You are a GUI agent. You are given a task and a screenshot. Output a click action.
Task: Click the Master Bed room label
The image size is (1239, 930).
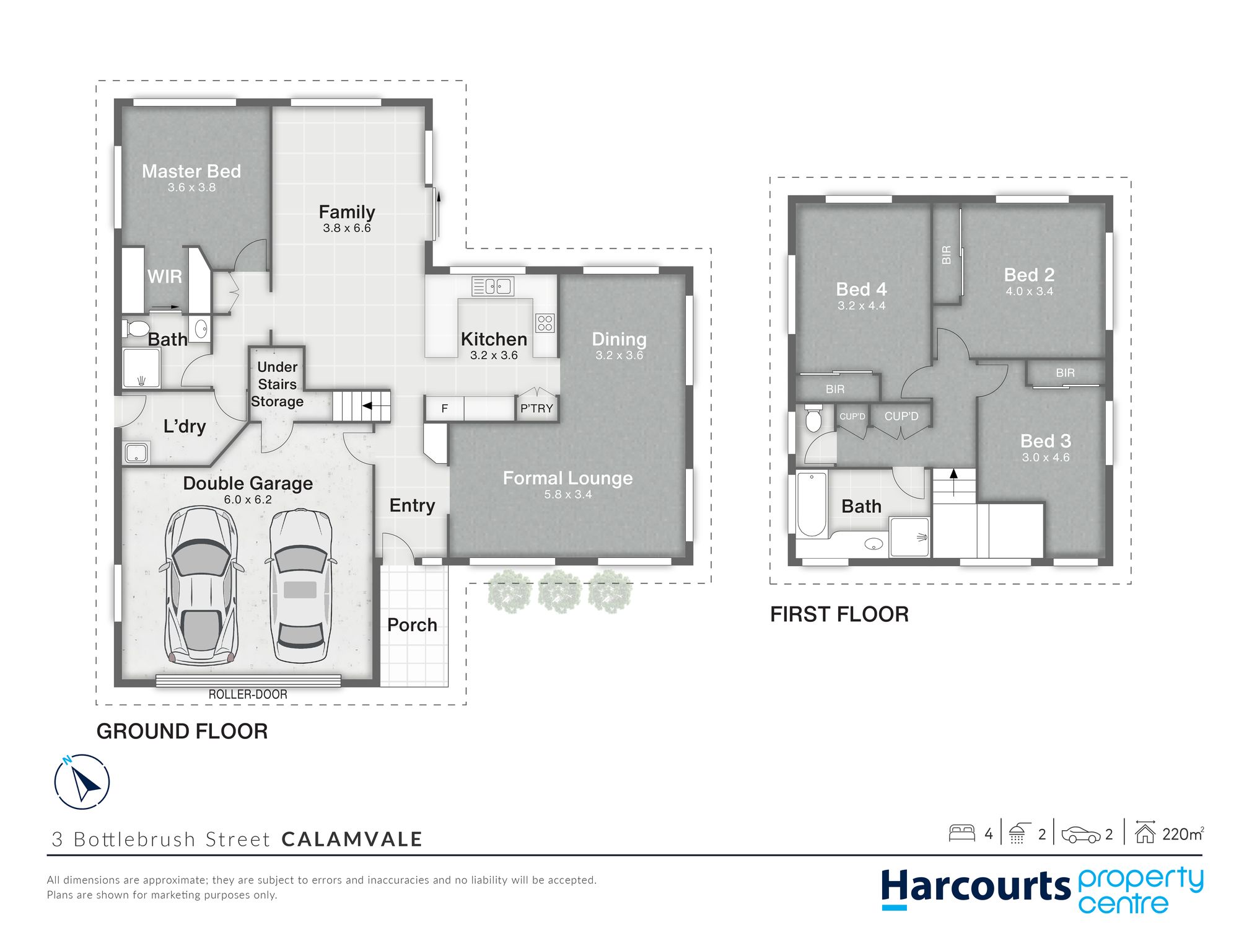pyautogui.click(x=191, y=171)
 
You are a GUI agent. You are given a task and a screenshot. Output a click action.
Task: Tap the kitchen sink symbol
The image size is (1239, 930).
pyautogui.click(x=493, y=286)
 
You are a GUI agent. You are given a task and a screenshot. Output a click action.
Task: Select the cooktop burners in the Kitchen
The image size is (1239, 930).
pyautogui.click(x=545, y=323)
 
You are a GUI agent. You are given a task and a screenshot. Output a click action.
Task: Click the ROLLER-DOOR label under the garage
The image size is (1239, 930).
pyautogui.click(x=248, y=694)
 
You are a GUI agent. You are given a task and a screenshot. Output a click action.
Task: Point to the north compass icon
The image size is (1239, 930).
pyautogui.click(x=82, y=782)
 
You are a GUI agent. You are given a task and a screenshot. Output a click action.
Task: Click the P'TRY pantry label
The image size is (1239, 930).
pyautogui.click(x=536, y=409)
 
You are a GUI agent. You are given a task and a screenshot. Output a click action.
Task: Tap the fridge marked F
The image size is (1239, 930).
pyautogui.click(x=444, y=409)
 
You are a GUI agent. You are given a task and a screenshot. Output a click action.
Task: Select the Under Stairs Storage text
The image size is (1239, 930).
pyautogui.click(x=277, y=384)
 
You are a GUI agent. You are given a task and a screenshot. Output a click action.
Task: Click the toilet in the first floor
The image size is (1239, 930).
pyautogui.click(x=813, y=418)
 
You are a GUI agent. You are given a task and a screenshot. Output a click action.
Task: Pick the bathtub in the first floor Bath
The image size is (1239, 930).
pyautogui.click(x=812, y=504)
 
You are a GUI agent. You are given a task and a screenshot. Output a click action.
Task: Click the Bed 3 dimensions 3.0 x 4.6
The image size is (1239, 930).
pyautogui.click(x=1046, y=458)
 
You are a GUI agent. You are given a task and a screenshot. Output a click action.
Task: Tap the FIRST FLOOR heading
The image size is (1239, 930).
pyautogui.click(x=839, y=614)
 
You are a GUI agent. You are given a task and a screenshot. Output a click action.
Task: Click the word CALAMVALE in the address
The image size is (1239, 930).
pyautogui.click(x=352, y=839)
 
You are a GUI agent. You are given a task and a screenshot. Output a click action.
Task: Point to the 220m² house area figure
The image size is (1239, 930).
pyautogui.click(x=1183, y=834)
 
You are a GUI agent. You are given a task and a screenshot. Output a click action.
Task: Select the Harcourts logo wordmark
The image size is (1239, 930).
pyautogui.click(x=976, y=887)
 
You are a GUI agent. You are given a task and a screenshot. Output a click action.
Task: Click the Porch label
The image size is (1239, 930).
pyautogui.click(x=412, y=625)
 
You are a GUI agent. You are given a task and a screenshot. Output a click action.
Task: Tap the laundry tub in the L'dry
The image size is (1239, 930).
pyautogui.click(x=136, y=453)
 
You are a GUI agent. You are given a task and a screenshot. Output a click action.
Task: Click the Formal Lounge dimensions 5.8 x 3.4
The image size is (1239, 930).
pyautogui.click(x=568, y=495)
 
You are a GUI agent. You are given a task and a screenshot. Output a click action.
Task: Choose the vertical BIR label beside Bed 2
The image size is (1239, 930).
pyautogui.click(x=946, y=255)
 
